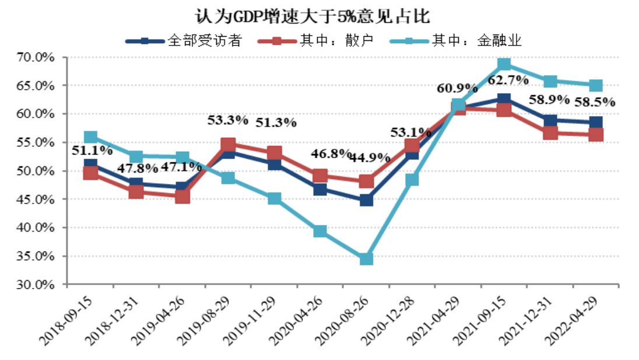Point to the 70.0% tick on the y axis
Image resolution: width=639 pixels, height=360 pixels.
coord(36,57)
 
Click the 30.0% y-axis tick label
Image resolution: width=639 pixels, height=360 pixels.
coord(36,285)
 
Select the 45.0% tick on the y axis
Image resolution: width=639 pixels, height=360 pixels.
coord(36,200)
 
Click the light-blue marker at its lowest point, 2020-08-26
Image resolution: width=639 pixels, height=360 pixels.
coord(366,258)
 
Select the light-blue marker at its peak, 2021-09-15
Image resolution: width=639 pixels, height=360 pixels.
coord(504,64)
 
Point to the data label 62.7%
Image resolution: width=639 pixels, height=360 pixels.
coord(508,80)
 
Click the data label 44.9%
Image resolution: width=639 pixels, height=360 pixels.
coord(371,158)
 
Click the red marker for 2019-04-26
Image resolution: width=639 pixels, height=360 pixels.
coord(182,197)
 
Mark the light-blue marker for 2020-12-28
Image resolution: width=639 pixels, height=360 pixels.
coord(412,179)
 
